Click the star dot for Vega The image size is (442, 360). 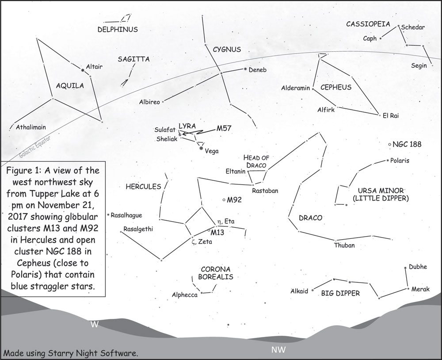click(x=202, y=149)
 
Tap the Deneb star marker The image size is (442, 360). click(x=245, y=69)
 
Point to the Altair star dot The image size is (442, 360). click(x=82, y=69)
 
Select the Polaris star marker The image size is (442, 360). click(x=388, y=160)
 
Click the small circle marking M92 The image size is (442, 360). click(x=224, y=200)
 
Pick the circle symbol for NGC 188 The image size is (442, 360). click(x=389, y=144)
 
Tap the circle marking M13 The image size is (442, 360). click(x=209, y=230)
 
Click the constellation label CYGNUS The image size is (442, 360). click(x=227, y=50)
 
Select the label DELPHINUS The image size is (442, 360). click(x=118, y=30)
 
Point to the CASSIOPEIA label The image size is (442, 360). click(x=368, y=24)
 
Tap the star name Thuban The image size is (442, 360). click(x=344, y=245)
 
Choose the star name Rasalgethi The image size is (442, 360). click(x=136, y=229)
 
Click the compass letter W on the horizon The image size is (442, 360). click(x=94, y=324)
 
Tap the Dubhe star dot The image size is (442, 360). click(x=406, y=268)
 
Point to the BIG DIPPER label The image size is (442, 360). click(x=340, y=293)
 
